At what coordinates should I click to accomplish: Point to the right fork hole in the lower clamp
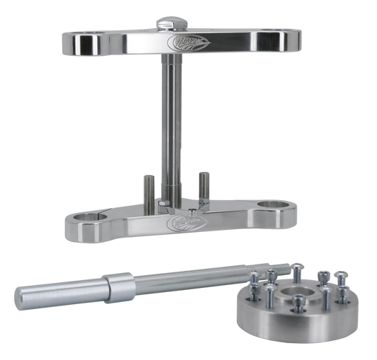click(x=272, y=206)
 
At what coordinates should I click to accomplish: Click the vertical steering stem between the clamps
click(x=173, y=120)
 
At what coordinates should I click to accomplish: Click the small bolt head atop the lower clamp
click(x=193, y=211)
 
